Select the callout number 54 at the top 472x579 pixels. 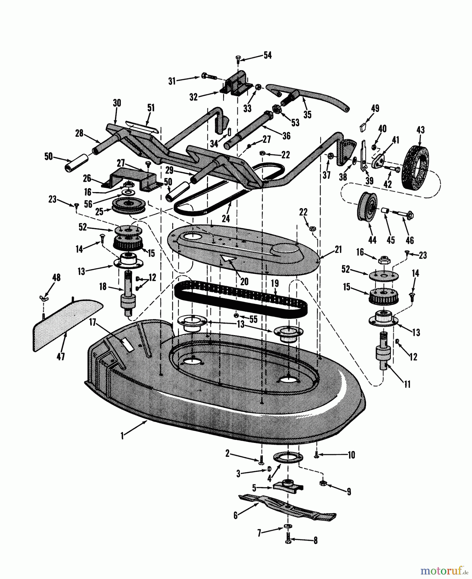click(267, 55)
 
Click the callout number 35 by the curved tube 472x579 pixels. click(307, 114)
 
